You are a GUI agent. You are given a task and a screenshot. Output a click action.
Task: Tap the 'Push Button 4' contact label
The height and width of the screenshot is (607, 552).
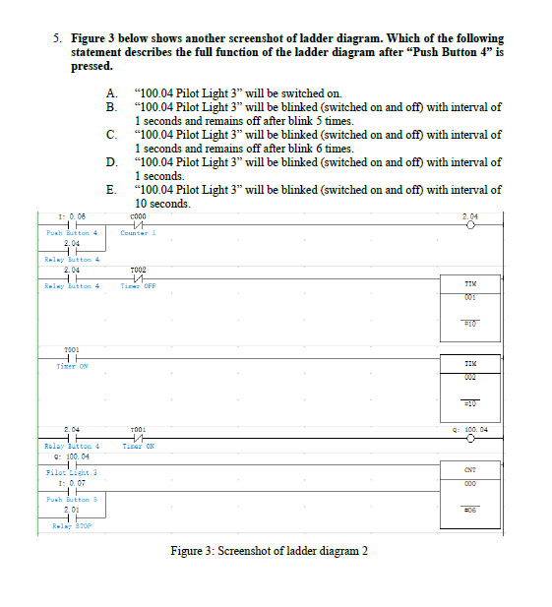pyautogui.click(x=70, y=233)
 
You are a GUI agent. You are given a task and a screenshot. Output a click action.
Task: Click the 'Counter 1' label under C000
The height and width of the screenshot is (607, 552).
pyautogui.click(x=138, y=233)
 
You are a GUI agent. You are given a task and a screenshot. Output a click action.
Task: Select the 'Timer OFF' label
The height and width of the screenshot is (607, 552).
pyautogui.click(x=138, y=285)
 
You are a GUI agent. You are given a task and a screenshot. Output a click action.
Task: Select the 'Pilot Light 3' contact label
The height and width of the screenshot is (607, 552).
pyautogui.click(x=70, y=473)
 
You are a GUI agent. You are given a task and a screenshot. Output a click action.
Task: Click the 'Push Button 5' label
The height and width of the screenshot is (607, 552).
pyautogui.click(x=70, y=500)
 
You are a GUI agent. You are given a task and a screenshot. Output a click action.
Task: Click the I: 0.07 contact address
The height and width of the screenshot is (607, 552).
pyautogui.click(x=70, y=484)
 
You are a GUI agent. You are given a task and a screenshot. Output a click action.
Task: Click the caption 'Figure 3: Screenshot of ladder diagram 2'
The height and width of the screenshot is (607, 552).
pyautogui.click(x=269, y=550)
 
